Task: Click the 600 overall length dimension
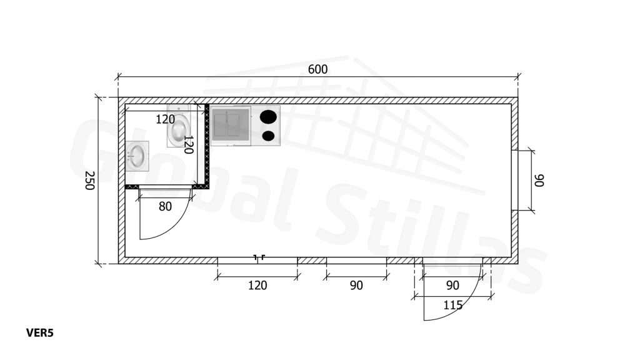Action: (317, 69)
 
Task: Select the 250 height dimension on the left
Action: (90, 181)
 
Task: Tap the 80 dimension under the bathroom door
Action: (165, 206)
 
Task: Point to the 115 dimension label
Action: (452, 305)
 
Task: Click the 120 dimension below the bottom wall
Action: (257, 285)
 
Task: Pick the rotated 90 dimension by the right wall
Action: (539, 181)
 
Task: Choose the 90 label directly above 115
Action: (452, 285)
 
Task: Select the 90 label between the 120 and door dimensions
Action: (356, 285)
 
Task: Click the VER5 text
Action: (40, 333)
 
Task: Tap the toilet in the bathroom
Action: (178, 126)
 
